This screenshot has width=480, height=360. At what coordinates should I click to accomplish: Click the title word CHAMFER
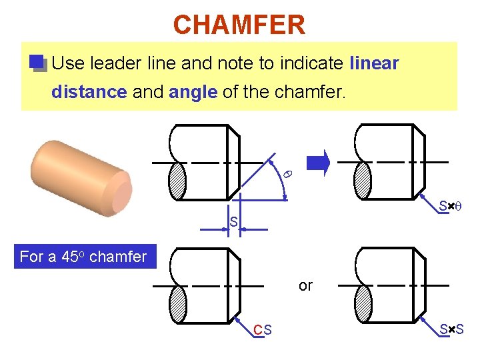239,25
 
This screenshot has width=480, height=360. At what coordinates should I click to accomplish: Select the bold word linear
374,63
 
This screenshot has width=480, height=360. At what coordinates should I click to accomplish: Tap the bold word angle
193,92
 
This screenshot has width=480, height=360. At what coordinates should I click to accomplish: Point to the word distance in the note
89,92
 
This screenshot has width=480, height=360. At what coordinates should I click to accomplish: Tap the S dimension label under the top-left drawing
233,221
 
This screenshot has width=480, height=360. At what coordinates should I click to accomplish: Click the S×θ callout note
451,207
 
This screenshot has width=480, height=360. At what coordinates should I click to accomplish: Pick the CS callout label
263,330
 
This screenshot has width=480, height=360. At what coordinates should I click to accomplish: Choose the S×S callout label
451,330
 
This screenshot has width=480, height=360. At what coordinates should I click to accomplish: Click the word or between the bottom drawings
305,286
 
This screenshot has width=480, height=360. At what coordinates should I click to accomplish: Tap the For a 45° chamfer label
83,257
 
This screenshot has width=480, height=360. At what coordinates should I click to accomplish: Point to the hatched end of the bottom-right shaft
363,305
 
